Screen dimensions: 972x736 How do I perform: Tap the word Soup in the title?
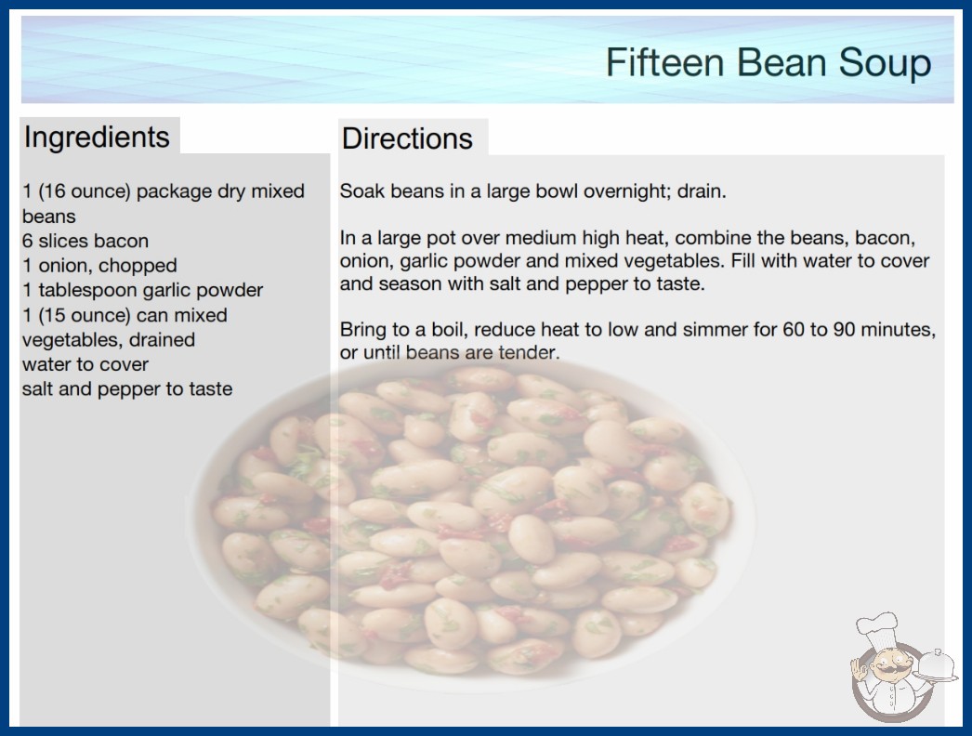pyautogui.click(x=885, y=63)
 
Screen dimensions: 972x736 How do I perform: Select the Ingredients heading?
pyautogui.click(x=97, y=138)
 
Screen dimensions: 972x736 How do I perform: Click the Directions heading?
pyautogui.click(x=407, y=138)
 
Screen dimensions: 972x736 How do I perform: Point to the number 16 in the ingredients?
pyautogui.click(x=53, y=191)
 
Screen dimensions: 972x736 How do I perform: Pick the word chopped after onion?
pyautogui.click(x=138, y=266)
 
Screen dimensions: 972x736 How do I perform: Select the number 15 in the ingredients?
pyautogui.click(x=53, y=315)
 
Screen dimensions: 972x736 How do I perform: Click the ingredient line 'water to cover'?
pyautogui.click(x=85, y=364)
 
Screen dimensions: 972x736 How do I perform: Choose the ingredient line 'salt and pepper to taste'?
pyautogui.click(x=127, y=389)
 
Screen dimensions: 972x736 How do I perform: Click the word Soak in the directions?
pyautogui.click(x=362, y=191)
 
